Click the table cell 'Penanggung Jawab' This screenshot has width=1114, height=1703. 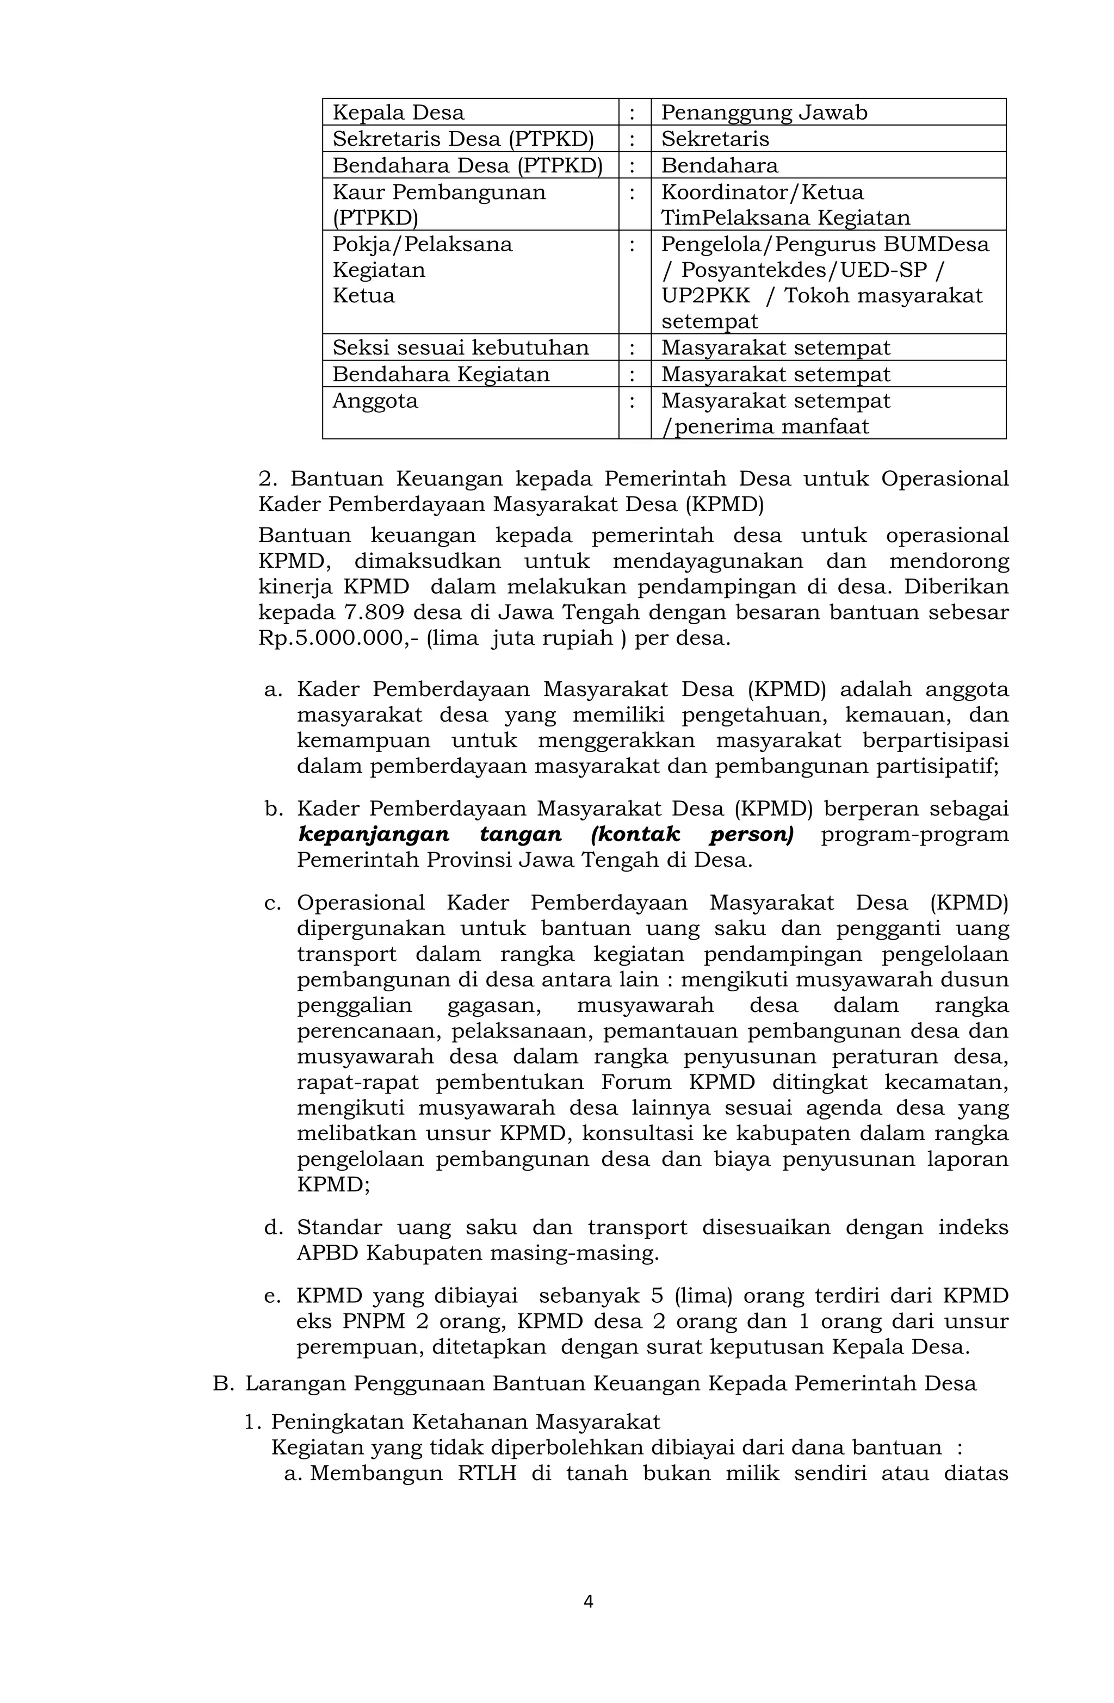(x=763, y=113)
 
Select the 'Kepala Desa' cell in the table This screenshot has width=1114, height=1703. (x=398, y=113)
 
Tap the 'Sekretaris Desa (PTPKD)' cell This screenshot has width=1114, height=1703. (x=462, y=139)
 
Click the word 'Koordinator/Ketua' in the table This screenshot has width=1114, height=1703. (x=762, y=192)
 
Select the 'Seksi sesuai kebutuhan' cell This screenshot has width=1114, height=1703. (x=460, y=348)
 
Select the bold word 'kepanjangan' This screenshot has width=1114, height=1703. (x=373, y=834)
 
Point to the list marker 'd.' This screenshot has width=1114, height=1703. (x=274, y=1228)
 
